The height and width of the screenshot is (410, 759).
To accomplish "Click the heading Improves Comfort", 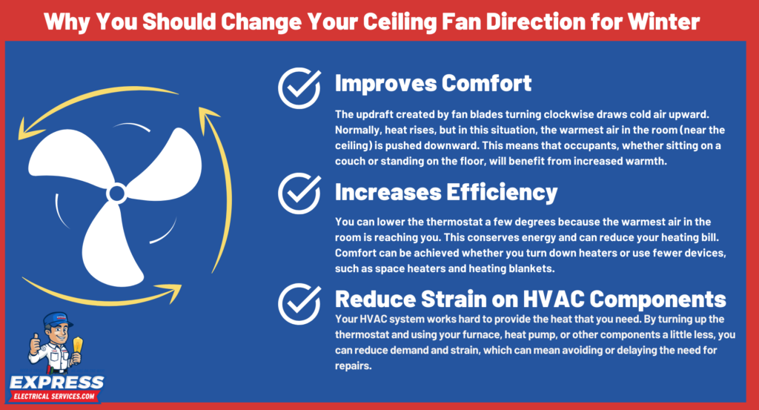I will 433,83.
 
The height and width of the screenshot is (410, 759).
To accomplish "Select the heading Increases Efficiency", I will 445,192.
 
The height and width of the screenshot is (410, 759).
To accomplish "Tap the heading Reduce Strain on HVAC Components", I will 530,299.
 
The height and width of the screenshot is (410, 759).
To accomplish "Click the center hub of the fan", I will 116,194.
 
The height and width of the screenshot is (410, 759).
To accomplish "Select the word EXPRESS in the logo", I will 56,383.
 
